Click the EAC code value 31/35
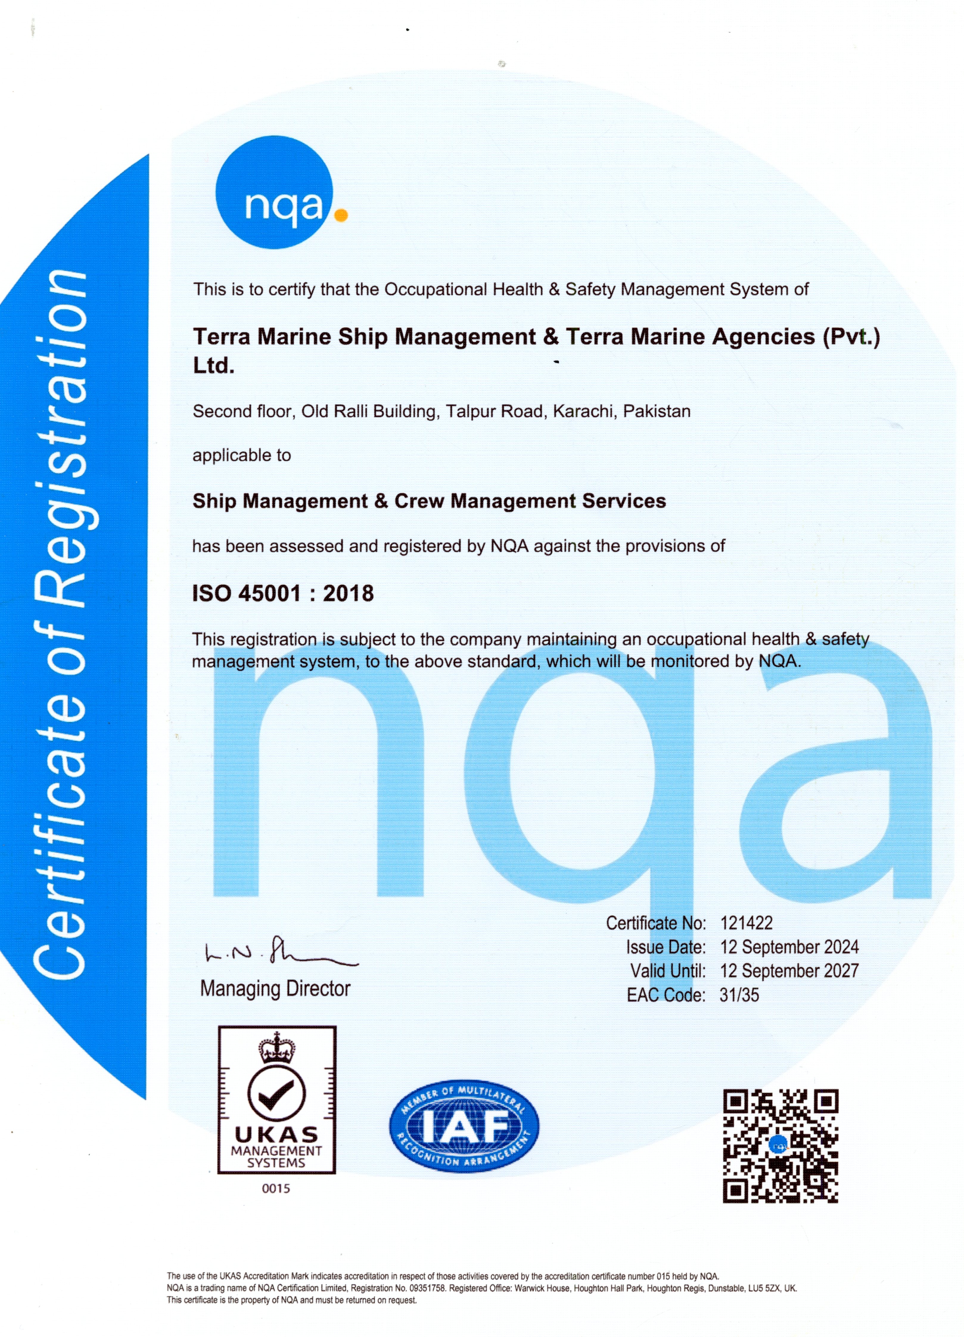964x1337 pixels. coord(739,995)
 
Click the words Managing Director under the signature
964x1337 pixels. coord(275,989)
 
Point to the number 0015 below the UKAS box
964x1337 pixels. coord(276,1188)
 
